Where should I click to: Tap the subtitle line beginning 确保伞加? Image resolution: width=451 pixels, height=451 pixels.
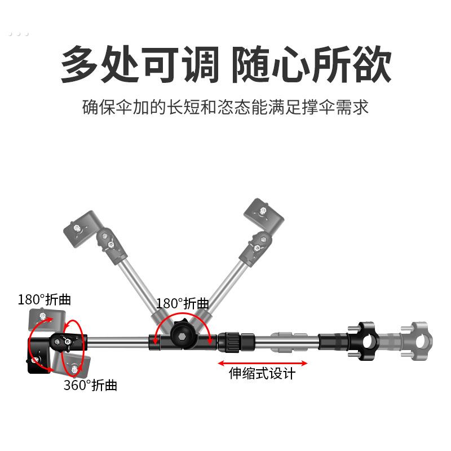coord(225,107)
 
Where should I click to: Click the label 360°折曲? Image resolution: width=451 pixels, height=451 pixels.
coord(90,386)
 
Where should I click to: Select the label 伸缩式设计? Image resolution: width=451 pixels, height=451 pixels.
coord(262,373)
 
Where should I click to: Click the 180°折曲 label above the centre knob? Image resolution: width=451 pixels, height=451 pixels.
coord(183,303)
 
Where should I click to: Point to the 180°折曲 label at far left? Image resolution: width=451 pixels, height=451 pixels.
coord(45,299)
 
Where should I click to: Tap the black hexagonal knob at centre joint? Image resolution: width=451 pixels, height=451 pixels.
coord(183,337)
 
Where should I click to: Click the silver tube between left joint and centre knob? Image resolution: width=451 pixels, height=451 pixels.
coord(118,341)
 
